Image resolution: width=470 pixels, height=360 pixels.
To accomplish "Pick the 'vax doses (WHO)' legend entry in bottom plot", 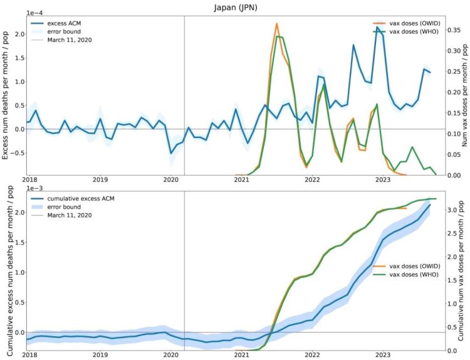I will tap(416, 275).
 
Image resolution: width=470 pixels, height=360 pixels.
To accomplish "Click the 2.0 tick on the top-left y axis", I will tap(18, 34).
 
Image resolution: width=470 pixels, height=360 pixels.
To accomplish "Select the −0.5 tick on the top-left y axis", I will tap(16, 152).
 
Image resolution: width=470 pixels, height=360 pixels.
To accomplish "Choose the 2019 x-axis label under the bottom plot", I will tap(100, 354).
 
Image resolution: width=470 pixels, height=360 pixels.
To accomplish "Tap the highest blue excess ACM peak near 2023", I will tap(378, 28).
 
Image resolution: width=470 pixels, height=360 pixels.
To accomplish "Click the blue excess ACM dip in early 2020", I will tap(171, 152).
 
